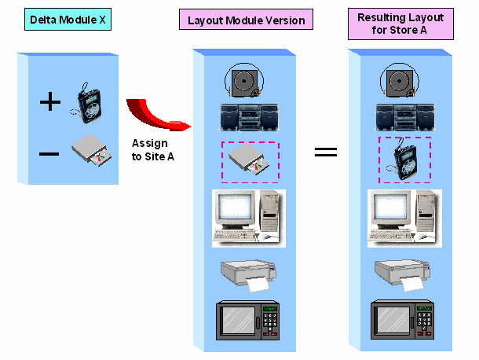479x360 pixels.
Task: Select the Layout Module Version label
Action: coord(246,19)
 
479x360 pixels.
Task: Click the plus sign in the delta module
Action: coord(49,102)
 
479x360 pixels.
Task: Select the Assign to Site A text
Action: coord(150,151)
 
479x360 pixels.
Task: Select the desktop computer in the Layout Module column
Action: coord(247,215)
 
